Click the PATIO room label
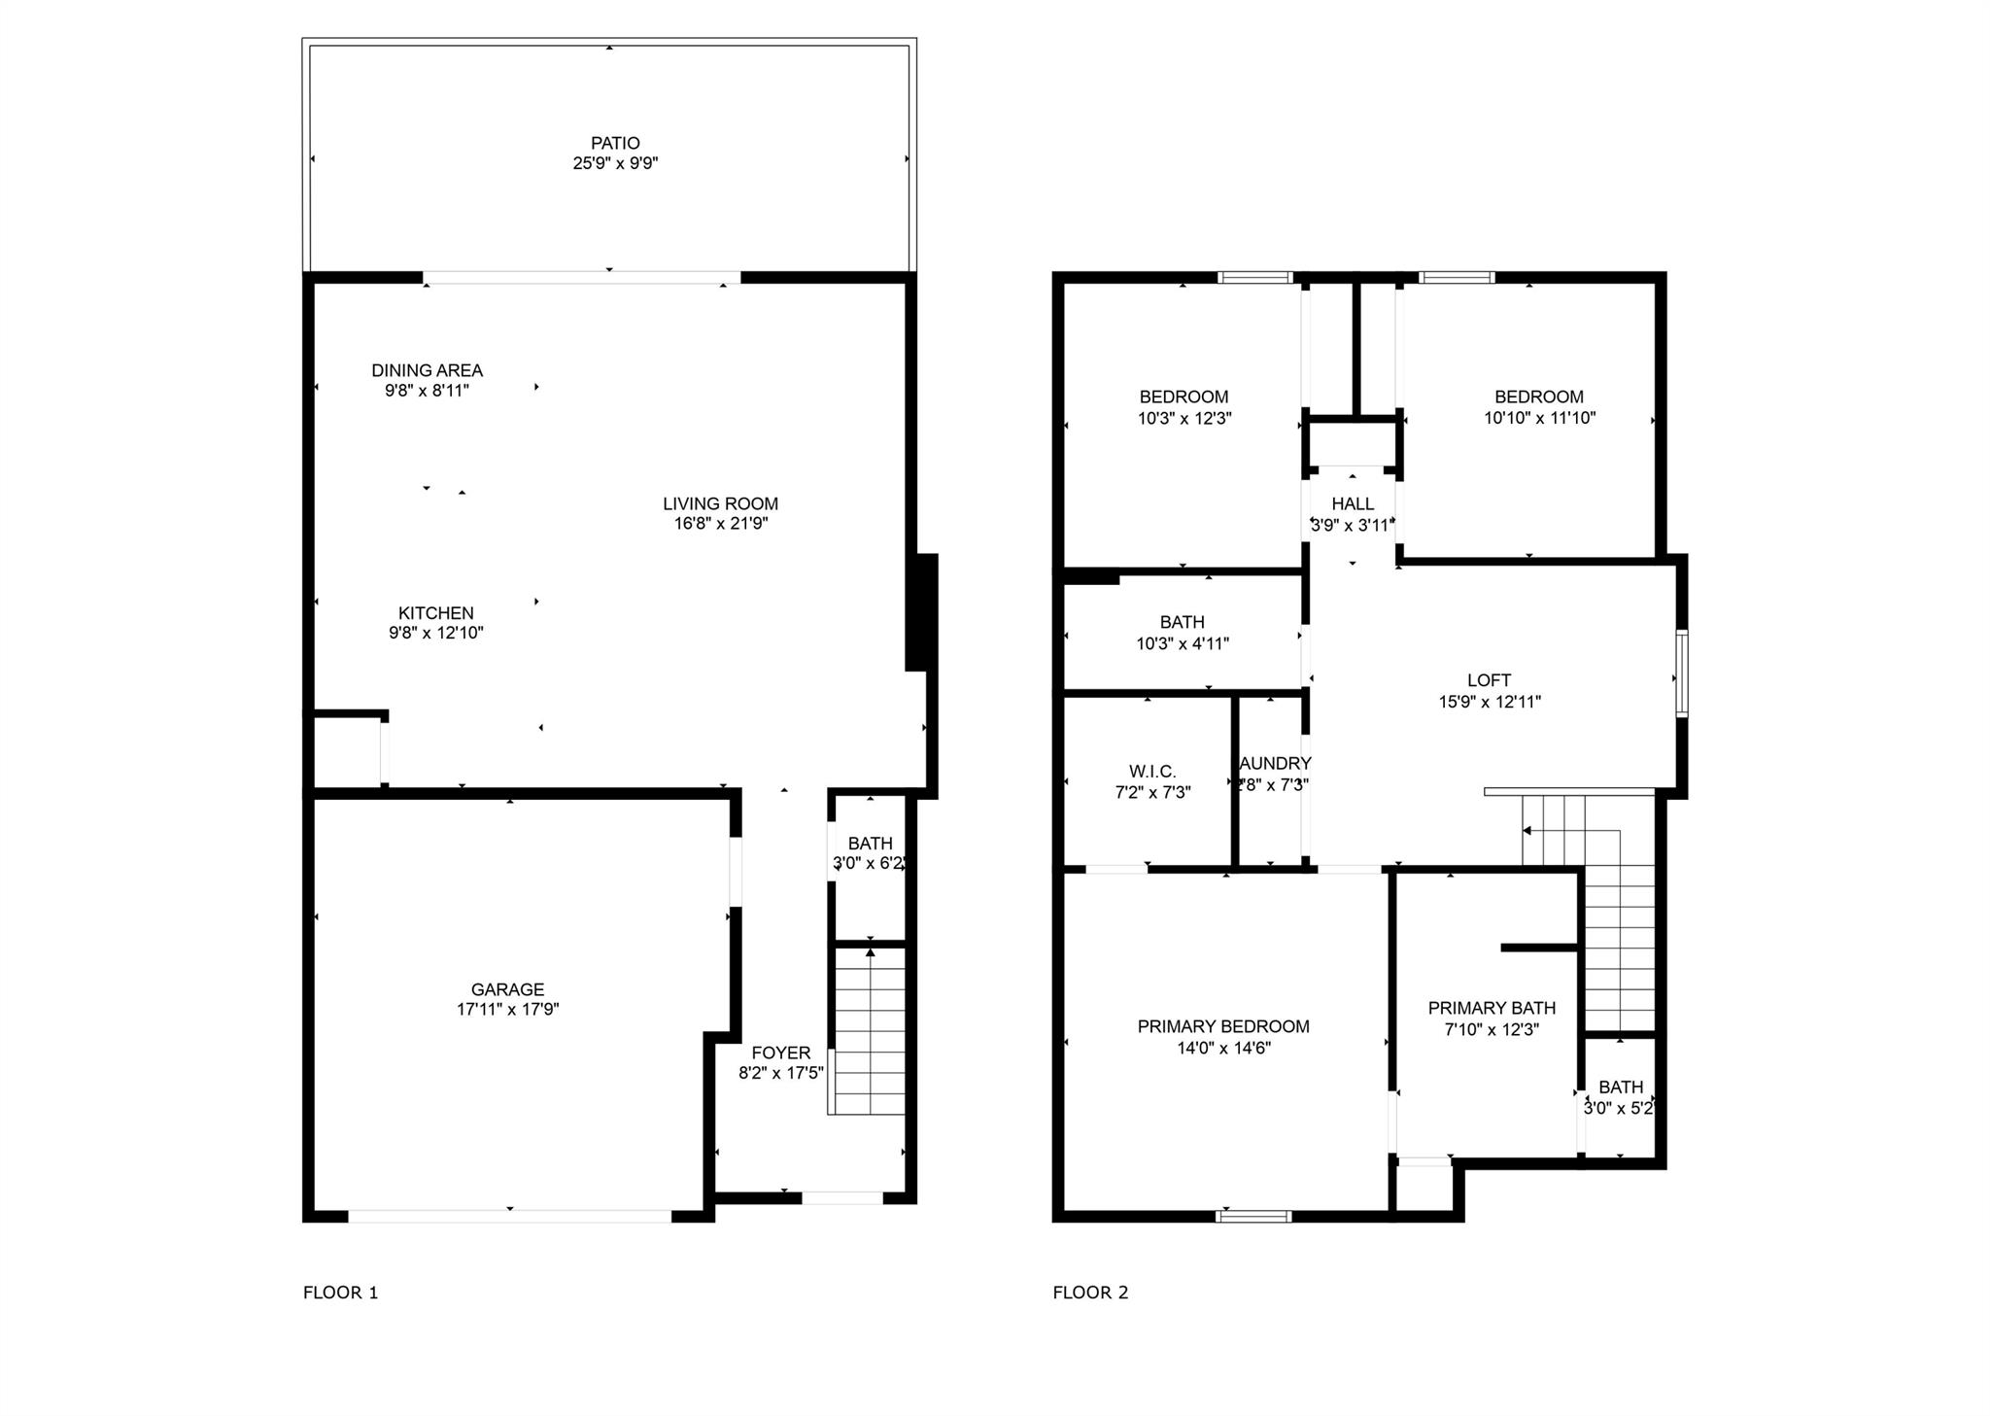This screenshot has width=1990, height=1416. [615, 143]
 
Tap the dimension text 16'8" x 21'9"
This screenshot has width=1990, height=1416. [721, 524]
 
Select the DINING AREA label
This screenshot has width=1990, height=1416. [427, 370]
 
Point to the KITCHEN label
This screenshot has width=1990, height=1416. [435, 613]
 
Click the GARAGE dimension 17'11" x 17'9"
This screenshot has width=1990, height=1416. [507, 1010]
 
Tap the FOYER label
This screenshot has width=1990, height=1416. [780, 1053]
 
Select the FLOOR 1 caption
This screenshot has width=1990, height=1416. [340, 1293]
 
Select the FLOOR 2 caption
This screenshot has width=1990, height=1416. [1090, 1293]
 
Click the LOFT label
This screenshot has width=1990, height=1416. [1489, 680]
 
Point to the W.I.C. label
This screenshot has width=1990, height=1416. [1152, 772]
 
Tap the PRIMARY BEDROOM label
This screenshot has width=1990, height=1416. [1223, 1026]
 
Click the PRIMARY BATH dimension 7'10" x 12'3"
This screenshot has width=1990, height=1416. [1492, 1030]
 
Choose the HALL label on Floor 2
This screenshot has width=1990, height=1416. [1353, 503]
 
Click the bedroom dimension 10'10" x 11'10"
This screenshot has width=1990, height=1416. [1539, 419]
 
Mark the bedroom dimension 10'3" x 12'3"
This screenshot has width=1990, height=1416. [1184, 419]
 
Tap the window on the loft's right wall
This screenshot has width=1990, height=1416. [1681, 673]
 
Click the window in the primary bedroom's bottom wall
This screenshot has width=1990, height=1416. [1253, 1216]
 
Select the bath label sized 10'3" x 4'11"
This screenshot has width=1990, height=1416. [1182, 622]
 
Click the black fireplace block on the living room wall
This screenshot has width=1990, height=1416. [921, 612]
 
